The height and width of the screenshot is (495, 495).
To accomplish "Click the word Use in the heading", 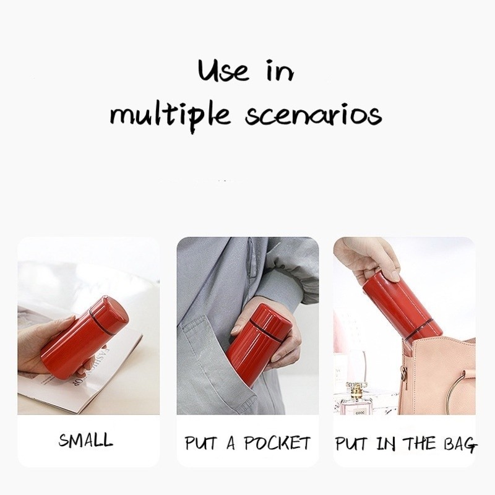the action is [x=224, y=71].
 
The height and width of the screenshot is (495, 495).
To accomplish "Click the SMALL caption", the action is [x=85, y=441].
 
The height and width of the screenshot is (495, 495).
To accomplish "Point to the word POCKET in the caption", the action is [x=277, y=443].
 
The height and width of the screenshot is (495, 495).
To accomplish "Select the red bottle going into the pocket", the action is [x=258, y=344].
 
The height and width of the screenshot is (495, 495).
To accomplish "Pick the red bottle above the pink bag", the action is [x=401, y=310].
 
